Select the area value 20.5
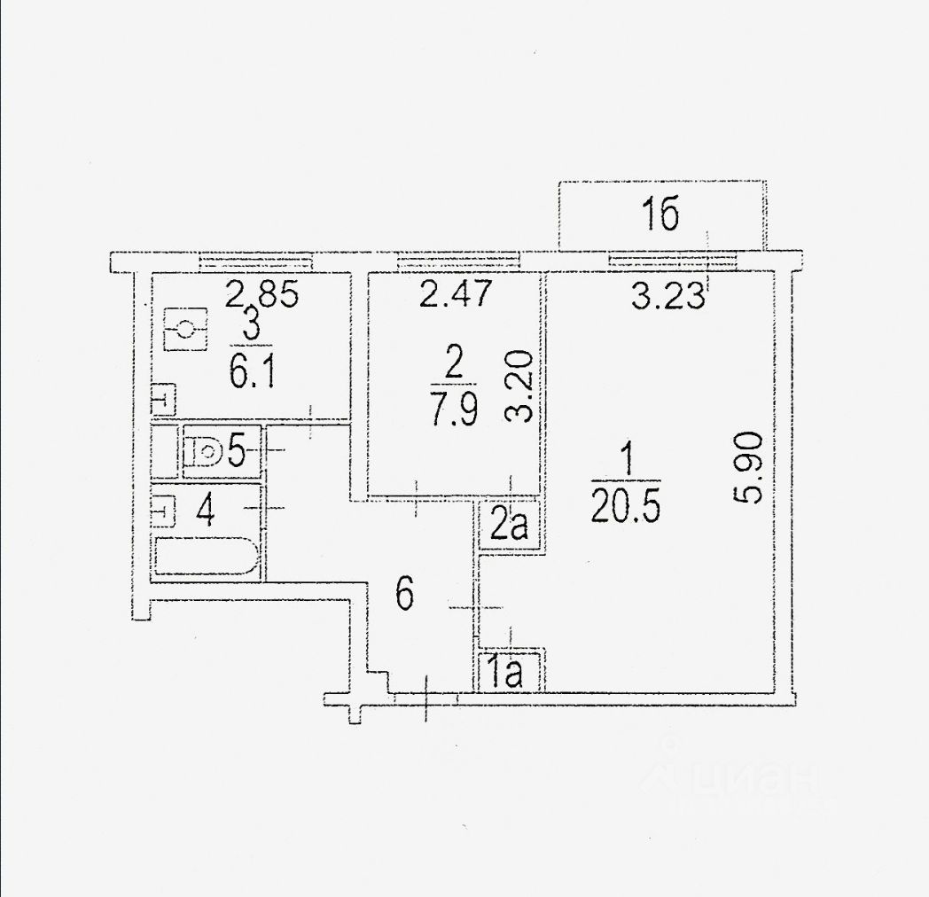click(626, 508)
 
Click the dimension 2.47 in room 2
click(455, 294)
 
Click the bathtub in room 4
click(207, 558)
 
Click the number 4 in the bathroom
click(206, 511)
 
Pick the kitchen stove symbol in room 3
click(185, 330)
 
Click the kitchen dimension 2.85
click(262, 293)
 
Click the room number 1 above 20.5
click(626, 461)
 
